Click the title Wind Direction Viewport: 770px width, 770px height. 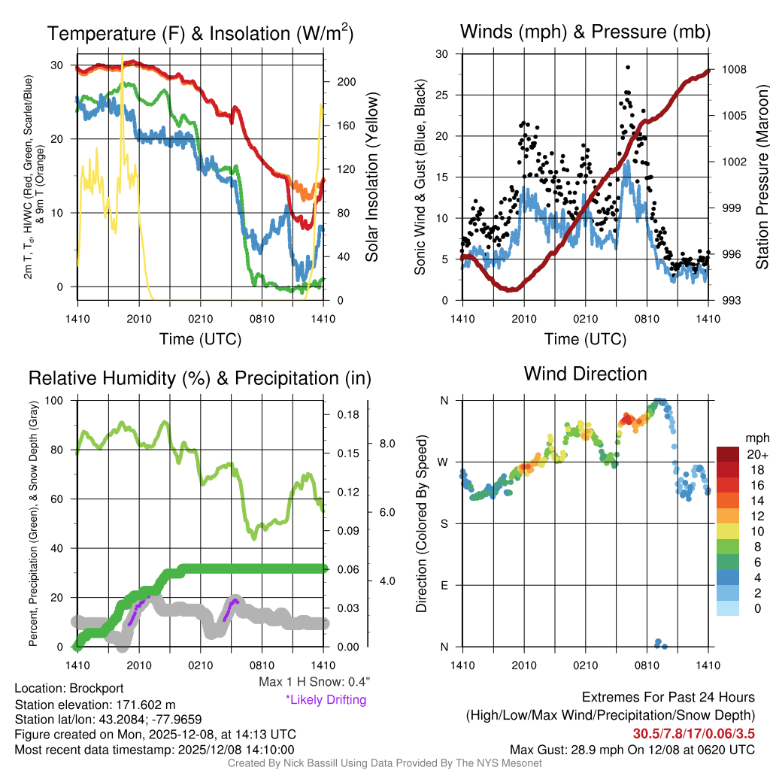[x=585, y=374]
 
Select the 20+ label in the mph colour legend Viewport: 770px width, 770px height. [x=757, y=455]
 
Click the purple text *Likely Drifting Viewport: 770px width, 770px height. [x=326, y=699]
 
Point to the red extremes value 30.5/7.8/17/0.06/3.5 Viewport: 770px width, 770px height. [x=693, y=732]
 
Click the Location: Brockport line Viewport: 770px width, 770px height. [x=69, y=688]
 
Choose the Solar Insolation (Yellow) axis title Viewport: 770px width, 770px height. [x=371, y=177]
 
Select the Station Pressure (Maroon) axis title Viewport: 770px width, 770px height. [x=761, y=177]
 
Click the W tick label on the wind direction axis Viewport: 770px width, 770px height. [x=444, y=462]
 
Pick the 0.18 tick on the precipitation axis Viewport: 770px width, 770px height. [x=347, y=414]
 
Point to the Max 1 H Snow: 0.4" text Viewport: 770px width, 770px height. [x=314, y=682]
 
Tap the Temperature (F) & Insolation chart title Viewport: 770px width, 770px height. [x=200, y=33]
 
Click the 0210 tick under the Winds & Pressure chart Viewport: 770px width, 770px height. [x=585, y=319]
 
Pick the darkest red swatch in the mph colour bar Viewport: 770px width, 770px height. [x=728, y=455]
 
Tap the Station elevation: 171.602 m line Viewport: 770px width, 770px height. [x=95, y=705]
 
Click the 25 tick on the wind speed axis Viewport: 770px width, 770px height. [x=443, y=95]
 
